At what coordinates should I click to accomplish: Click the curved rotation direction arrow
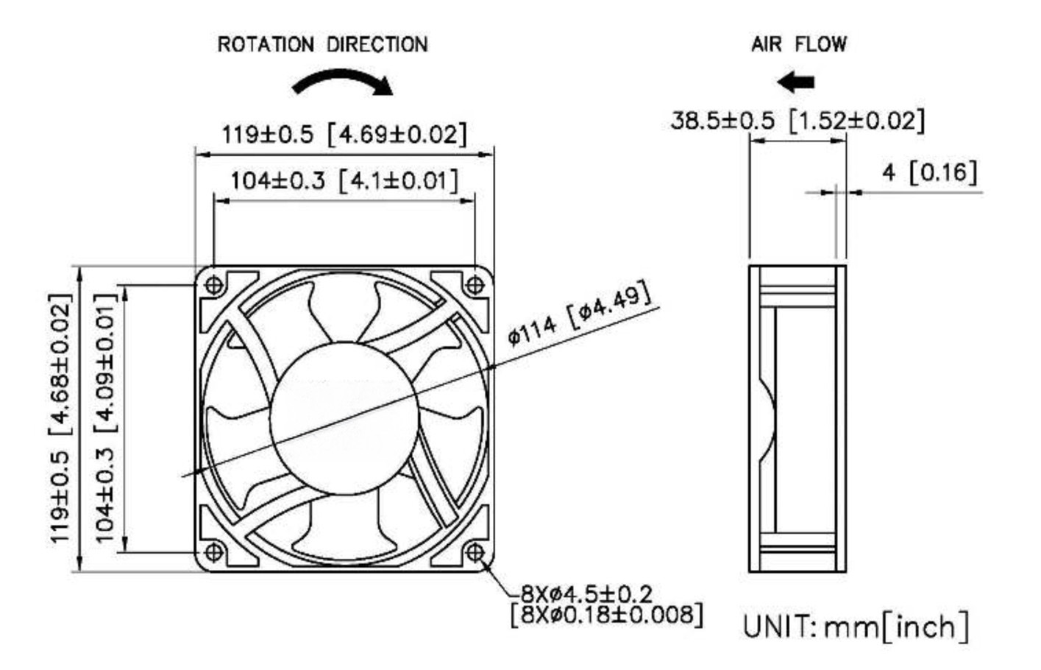click(343, 82)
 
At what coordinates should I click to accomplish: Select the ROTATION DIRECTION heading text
click(322, 45)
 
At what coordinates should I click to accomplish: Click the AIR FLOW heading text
click(798, 44)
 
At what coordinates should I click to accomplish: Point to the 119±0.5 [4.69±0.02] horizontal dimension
click(344, 135)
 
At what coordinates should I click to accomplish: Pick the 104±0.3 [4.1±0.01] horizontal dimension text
click(344, 180)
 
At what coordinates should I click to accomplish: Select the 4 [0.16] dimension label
click(930, 173)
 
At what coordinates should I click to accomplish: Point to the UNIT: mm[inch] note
click(856, 627)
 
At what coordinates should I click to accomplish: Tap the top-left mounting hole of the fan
click(214, 283)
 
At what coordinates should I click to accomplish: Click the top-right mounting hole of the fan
click(475, 283)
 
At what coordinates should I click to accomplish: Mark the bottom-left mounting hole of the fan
click(214, 551)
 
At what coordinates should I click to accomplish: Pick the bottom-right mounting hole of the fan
click(475, 551)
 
